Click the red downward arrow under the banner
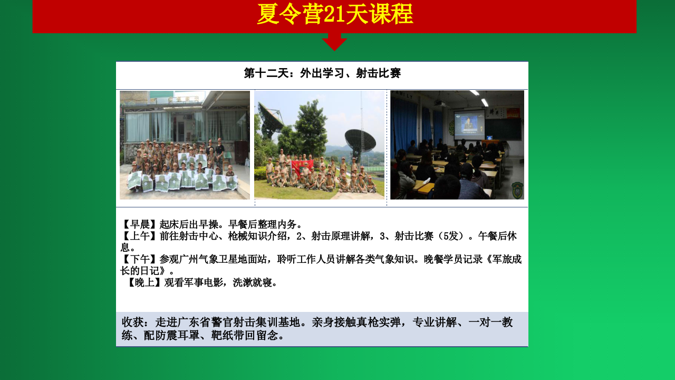point(334,42)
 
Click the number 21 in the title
point(334,14)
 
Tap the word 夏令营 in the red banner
point(290,14)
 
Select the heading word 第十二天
point(266,73)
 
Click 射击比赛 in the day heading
point(379,73)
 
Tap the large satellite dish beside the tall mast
point(360,141)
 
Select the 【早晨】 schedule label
point(140,224)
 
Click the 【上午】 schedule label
point(140,236)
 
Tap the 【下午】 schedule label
point(140,259)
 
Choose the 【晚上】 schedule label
point(144,282)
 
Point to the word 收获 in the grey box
point(132,322)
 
